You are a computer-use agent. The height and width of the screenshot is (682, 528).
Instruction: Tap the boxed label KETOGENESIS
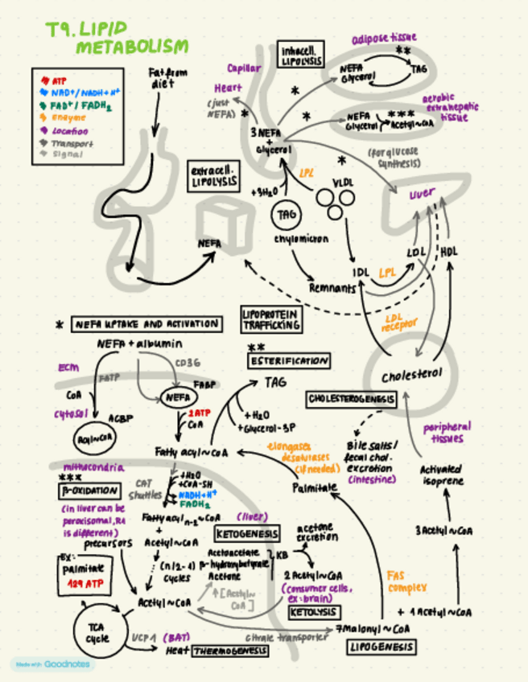(247, 533)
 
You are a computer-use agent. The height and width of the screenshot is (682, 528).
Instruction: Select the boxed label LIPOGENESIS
(382, 647)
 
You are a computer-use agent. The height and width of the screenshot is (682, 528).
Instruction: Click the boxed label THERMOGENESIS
(229, 651)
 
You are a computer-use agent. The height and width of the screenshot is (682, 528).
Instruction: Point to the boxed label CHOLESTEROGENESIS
(351, 399)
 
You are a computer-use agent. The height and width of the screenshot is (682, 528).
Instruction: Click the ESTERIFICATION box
(289, 361)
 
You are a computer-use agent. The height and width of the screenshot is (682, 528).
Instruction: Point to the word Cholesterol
(412, 376)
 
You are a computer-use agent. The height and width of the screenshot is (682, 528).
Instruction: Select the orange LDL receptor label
(396, 323)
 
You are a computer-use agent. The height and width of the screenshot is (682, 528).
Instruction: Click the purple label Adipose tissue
(385, 39)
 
